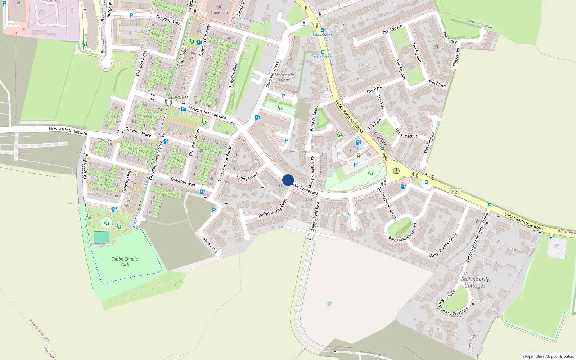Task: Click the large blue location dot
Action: (x=288, y=180)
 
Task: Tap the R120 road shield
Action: (x=455, y=192)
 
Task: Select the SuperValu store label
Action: (x=219, y=12)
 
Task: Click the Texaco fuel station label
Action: (x=358, y=148)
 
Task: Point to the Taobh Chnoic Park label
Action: (x=125, y=261)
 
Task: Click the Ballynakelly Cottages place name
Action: (x=475, y=282)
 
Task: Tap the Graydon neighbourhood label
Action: (x=177, y=97)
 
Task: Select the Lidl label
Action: (x=17, y=3)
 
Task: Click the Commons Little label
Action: (x=479, y=24)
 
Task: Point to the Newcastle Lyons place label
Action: (x=284, y=77)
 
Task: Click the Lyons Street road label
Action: (x=247, y=176)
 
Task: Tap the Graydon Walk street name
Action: (x=183, y=182)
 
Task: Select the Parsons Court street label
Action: (x=314, y=118)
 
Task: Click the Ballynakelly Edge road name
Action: (x=272, y=208)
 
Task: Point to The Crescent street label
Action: (x=406, y=134)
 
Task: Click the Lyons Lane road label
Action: (x=210, y=244)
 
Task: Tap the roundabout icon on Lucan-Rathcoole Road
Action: (x=396, y=171)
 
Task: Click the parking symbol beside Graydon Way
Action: (x=131, y=15)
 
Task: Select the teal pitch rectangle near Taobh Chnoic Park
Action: (x=101, y=237)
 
